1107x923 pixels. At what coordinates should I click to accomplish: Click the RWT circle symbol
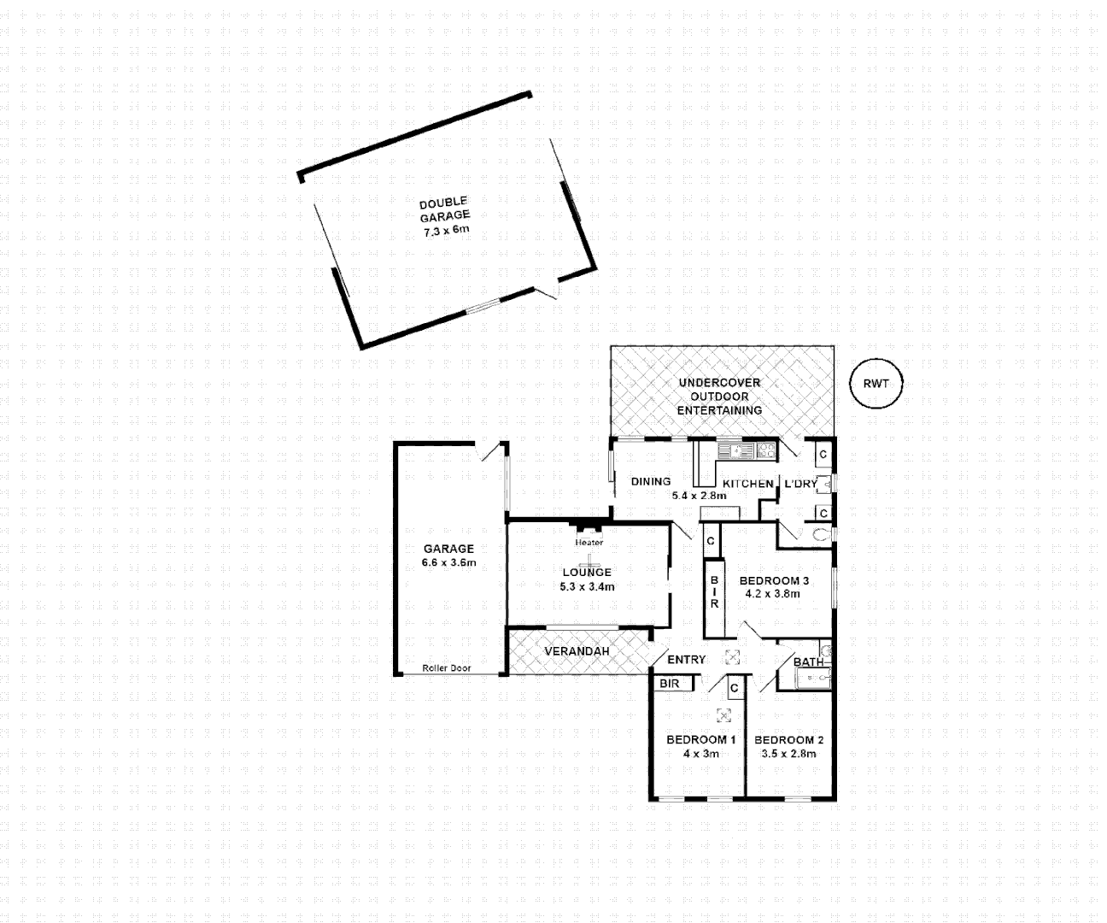click(876, 384)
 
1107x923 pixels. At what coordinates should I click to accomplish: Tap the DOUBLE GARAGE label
click(444, 209)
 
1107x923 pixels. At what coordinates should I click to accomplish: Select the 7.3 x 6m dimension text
click(447, 231)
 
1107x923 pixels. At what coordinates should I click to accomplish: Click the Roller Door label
click(446, 668)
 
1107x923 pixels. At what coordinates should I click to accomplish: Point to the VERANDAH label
click(577, 651)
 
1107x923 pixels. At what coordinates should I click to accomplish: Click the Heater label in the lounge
click(589, 543)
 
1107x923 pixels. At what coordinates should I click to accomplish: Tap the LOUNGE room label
click(587, 573)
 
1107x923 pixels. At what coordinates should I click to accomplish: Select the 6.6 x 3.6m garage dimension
click(448, 562)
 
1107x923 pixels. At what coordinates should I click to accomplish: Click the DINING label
click(651, 482)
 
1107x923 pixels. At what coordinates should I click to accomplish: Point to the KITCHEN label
click(747, 484)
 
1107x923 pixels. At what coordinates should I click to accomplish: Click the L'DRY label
click(800, 484)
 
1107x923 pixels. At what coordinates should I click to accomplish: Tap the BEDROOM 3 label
click(774, 581)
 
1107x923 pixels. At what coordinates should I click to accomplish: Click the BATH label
click(808, 661)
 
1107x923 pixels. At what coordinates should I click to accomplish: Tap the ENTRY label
click(686, 660)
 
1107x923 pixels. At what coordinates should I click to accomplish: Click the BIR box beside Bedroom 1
click(671, 684)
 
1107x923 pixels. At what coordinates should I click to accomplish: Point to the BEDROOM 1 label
click(700, 739)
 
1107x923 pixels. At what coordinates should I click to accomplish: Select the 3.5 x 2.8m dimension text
click(788, 754)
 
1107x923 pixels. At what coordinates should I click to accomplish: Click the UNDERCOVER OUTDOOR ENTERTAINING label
click(719, 396)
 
